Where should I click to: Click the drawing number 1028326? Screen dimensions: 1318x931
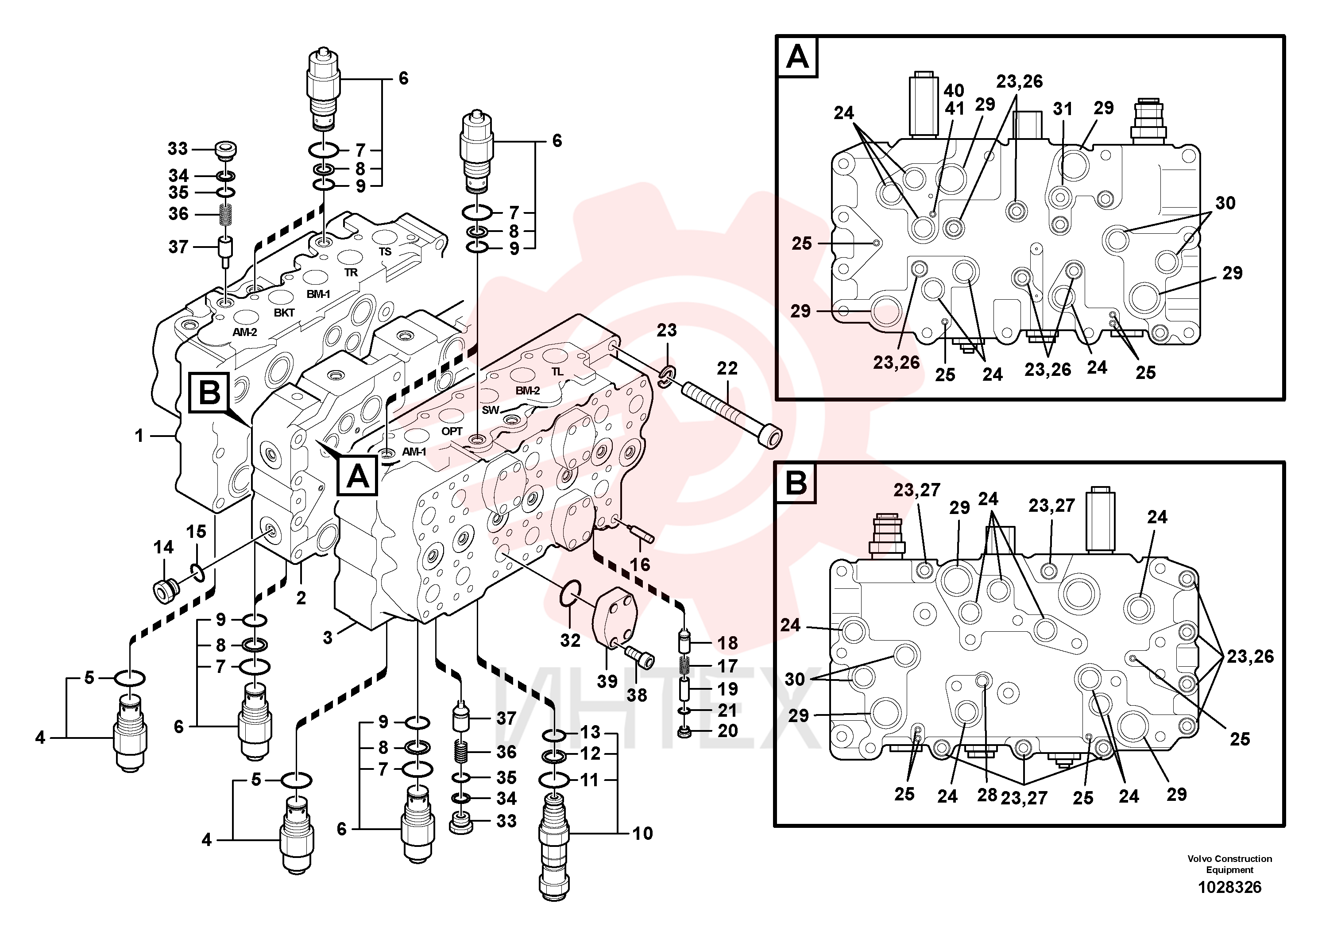pos(1229,887)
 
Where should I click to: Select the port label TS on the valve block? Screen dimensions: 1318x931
pos(385,252)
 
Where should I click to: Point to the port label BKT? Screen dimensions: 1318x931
pos(284,313)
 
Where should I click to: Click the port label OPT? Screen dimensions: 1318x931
pos(452,431)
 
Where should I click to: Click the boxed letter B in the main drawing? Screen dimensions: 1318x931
pos(209,393)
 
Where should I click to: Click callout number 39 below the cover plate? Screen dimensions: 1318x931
pos(607,681)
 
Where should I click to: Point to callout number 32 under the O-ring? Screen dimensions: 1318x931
pos(570,640)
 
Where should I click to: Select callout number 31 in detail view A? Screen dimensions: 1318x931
pos(1063,109)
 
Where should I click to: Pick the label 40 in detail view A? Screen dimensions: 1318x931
pos(954,91)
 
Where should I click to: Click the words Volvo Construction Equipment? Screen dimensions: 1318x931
pos(1229,864)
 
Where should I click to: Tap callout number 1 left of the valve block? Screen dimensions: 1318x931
pos(139,436)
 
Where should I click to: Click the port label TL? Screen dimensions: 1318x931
pos(557,372)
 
